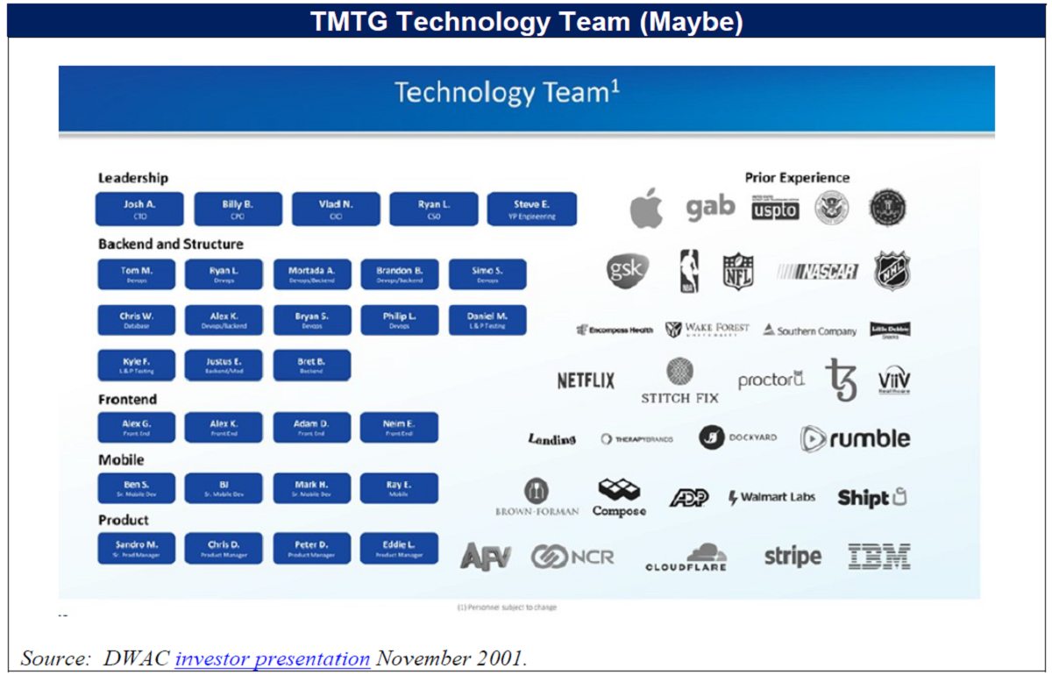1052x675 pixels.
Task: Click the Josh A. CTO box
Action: [139, 209]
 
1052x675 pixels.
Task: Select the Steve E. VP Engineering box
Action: [531, 209]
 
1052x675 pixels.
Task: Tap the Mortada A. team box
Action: [312, 274]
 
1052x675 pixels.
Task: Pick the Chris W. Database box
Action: [136, 320]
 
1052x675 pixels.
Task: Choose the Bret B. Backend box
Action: [312, 365]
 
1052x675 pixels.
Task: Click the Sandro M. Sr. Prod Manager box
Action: [136, 548]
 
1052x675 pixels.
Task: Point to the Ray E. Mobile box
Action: [399, 488]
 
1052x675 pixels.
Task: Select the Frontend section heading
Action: [127, 400]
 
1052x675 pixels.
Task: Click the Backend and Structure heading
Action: [171, 244]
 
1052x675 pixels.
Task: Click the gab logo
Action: [710, 207]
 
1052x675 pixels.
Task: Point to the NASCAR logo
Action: [817, 272]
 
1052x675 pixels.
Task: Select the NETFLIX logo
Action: [586, 380]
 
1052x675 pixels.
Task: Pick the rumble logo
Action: [855, 438]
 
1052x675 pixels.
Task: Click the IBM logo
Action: [878, 556]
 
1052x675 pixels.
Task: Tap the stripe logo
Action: [793, 556]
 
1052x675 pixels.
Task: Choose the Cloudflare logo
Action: [686, 558]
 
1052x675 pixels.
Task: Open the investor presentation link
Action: [272, 658]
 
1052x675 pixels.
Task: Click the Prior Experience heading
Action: [797, 178]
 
